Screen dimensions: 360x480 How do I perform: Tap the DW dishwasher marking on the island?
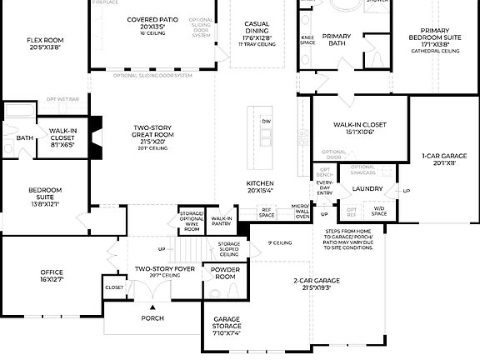(x=266, y=122)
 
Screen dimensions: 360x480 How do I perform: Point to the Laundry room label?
(x=367, y=189)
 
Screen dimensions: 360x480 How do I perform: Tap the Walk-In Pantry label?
(x=221, y=221)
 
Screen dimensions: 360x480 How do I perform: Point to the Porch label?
(x=152, y=317)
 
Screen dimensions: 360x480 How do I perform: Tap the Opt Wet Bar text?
(x=62, y=99)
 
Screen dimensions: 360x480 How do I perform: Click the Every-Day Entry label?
(x=324, y=187)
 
